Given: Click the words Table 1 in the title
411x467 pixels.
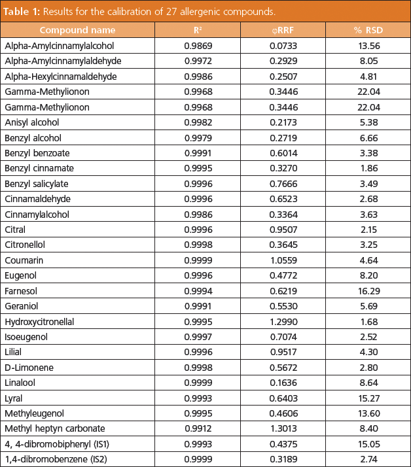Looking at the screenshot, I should [24, 11].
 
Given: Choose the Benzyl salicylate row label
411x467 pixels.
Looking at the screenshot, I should [37, 184].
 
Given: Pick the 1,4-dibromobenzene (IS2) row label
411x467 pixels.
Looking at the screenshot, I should [52, 459].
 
